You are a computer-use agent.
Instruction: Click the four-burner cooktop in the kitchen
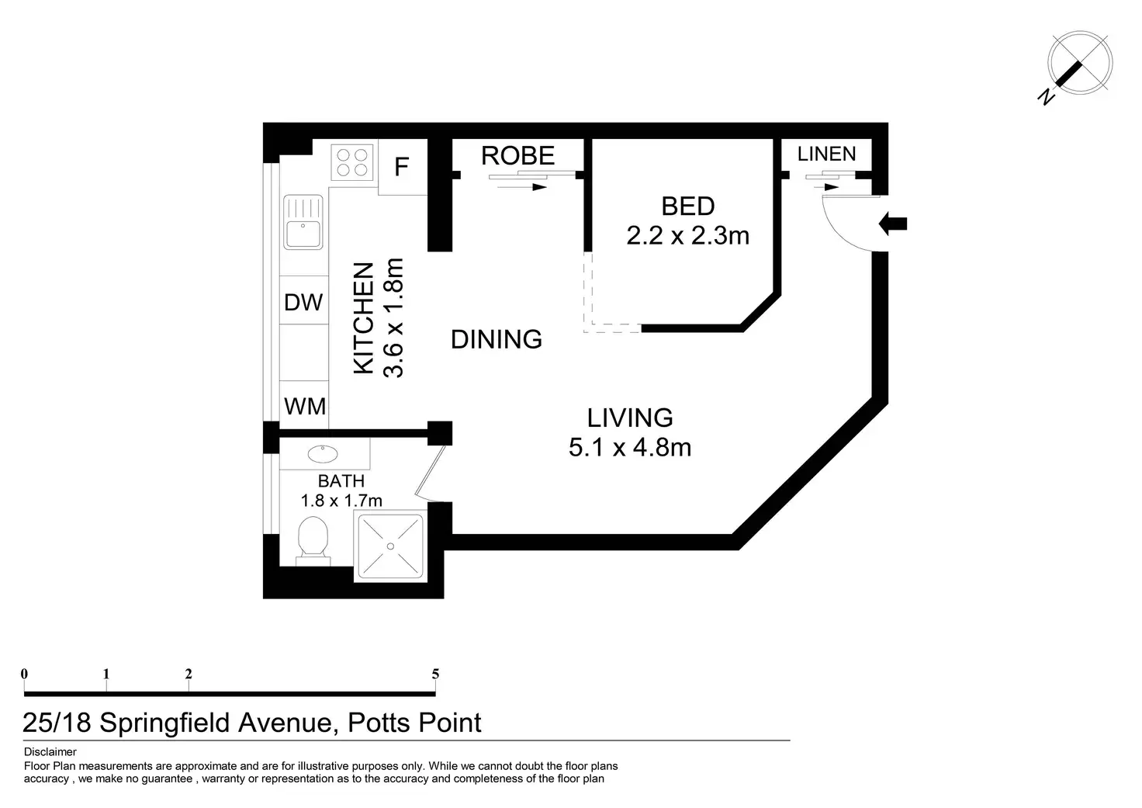pyautogui.click(x=351, y=162)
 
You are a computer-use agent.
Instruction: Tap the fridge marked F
pyautogui.click(x=402, y=167)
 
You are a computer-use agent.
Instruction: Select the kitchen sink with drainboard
pyautogui.click(x=303, y=222)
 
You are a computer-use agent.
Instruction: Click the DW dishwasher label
pyautogui.click(x=303, y=303)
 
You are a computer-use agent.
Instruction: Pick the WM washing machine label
pyautogui.click(x=305, y=407)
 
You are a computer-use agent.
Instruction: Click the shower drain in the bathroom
pyautogui.click(x=390, y=546)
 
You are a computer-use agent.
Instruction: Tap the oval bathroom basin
pyautogui.click(x=323, y=453)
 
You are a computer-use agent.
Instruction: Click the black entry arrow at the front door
pyautogui.click(x=893, y=224)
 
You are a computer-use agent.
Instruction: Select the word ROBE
pyautogui.click(x=517, y=155)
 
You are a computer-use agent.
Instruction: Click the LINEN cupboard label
pyautogui.click(x=826, y=154)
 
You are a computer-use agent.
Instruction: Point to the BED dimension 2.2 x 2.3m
pyautogui.click(x=687, y=236)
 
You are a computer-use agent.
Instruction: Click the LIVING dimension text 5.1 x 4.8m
pyautogui.click(x=630, y=447)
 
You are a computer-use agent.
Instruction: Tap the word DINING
pyautogui.click(x=496, y=340)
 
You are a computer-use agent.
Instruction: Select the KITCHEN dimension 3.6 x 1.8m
pyautogui.click(x=393, y=317)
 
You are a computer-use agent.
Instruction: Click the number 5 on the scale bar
pyautogui.click(x=435, y=674)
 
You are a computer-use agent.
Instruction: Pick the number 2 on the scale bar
pyautogui.click(x=189, y=674)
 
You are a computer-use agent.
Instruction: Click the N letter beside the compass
pyautogui.click(x=1046, y=97)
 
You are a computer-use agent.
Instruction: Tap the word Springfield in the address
pyautogui.click(x=164, y=723)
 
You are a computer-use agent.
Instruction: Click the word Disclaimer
pyautogui.click(x=50, y=752)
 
